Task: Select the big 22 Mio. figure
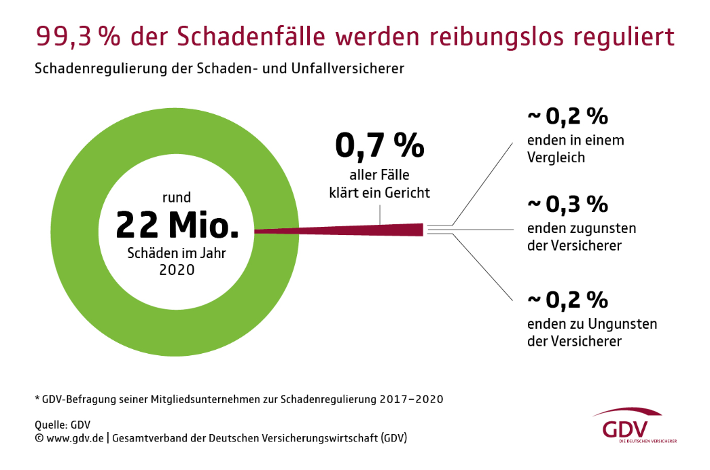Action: click(177, 225)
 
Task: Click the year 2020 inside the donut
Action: click(177, 270)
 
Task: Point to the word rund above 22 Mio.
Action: click(176, 198)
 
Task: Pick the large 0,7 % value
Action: click(380, 146)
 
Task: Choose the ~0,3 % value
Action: click(567, 204)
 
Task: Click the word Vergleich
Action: click(556, 158)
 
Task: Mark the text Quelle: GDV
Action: click(63, 424)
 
